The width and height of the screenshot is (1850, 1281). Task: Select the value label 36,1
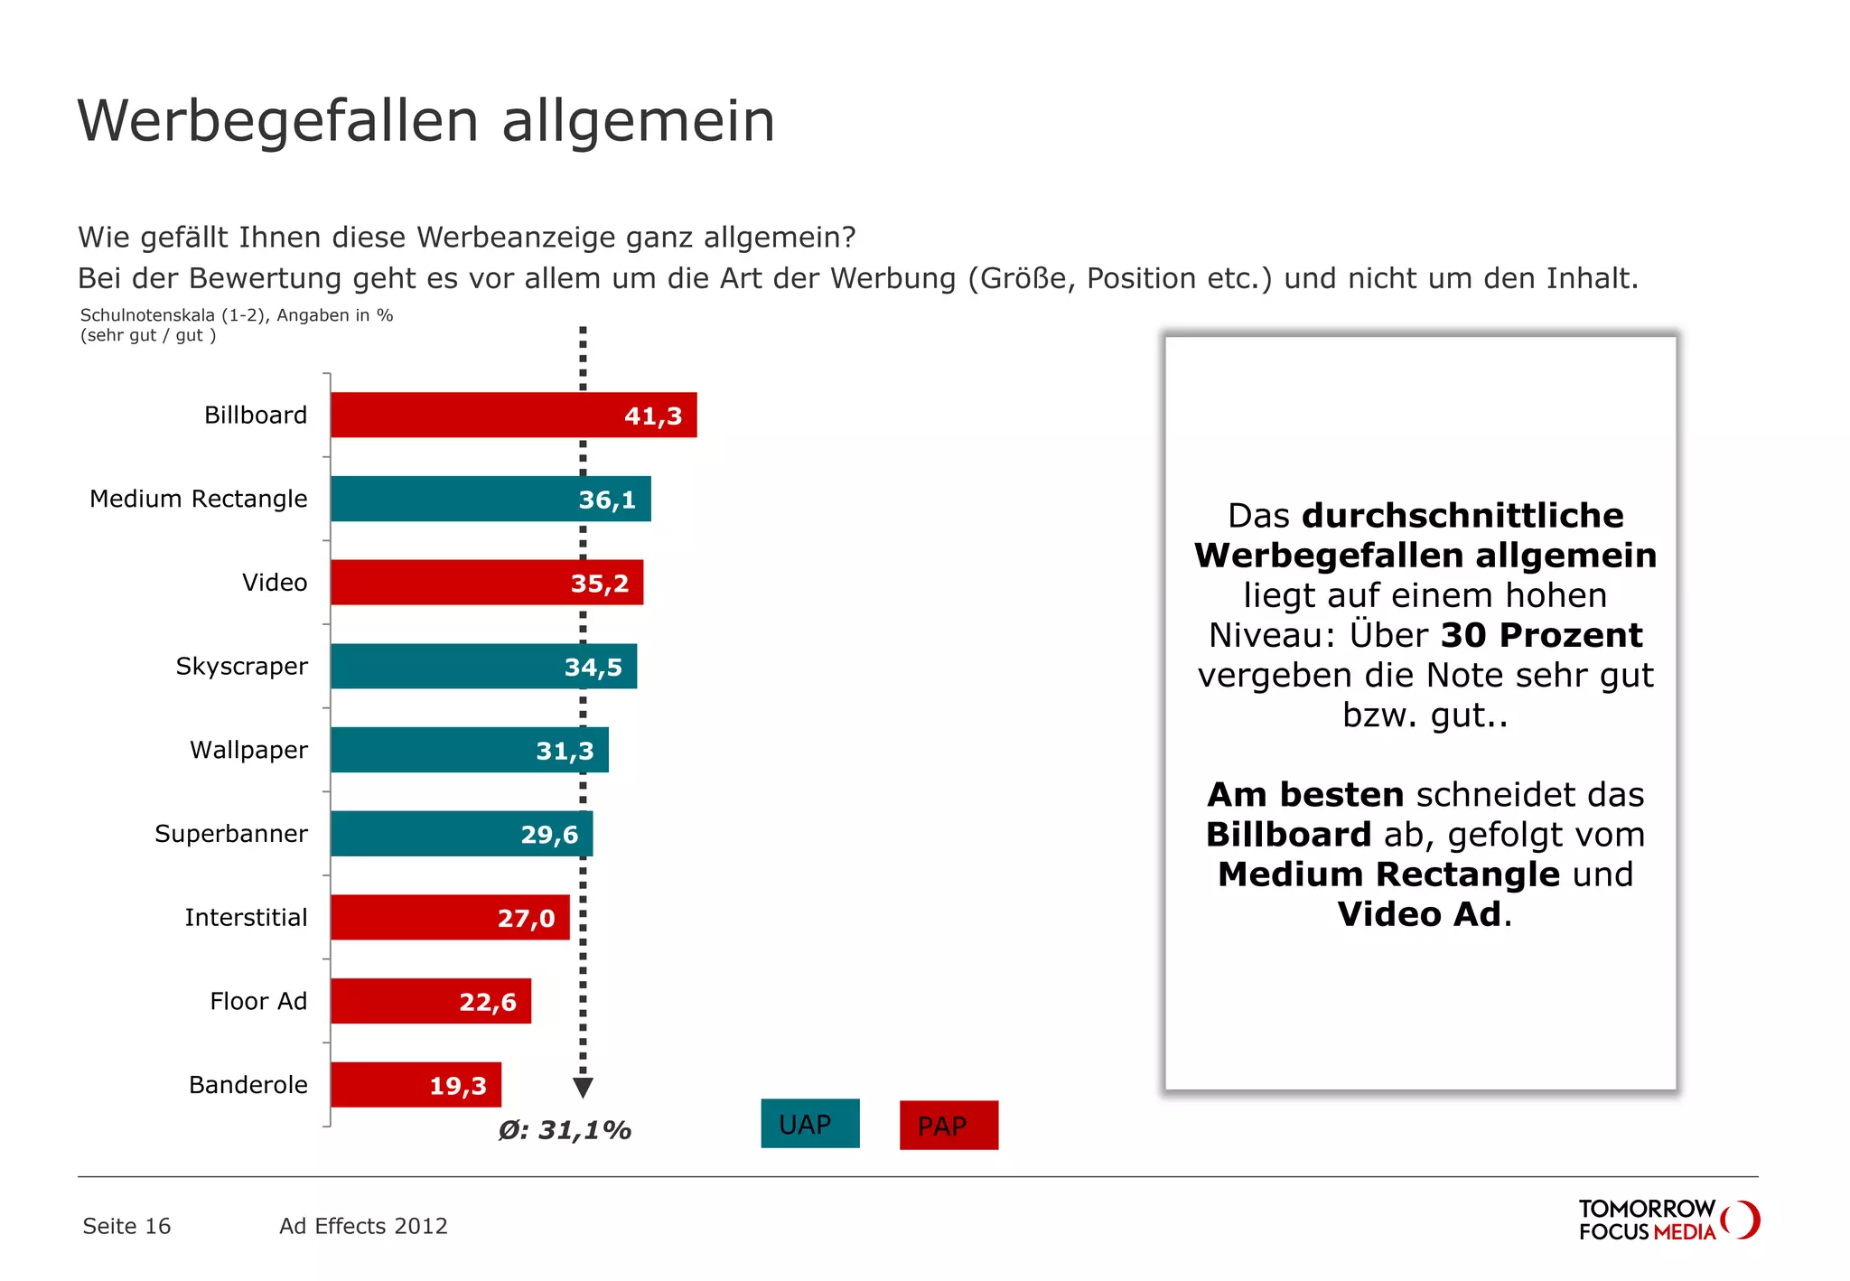click(607, 500)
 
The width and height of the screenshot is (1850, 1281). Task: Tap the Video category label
click(275, 583)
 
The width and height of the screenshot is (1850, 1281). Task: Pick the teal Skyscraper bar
click(452, 667)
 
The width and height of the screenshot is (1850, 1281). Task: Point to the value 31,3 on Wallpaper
click(565, 751)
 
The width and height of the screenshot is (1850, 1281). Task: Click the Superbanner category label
click(231, 834)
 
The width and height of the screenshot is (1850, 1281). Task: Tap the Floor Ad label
click(258, 1001)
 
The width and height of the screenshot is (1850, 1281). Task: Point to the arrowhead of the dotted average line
click(584, 1088)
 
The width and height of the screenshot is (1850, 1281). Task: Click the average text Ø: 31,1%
click(565, 1130)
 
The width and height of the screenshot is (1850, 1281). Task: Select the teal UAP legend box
click(809, 1124)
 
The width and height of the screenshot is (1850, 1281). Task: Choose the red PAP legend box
click(948, 1126)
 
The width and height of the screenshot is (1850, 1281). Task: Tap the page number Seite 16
click(126, 1226)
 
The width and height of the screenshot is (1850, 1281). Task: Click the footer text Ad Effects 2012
click(363, 1226)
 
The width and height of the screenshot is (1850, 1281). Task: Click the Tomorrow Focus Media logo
click(1668, 1220)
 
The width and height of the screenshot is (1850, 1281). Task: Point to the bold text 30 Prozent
click(1541, 635)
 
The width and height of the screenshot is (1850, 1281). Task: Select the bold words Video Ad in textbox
click(1419, 914)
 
